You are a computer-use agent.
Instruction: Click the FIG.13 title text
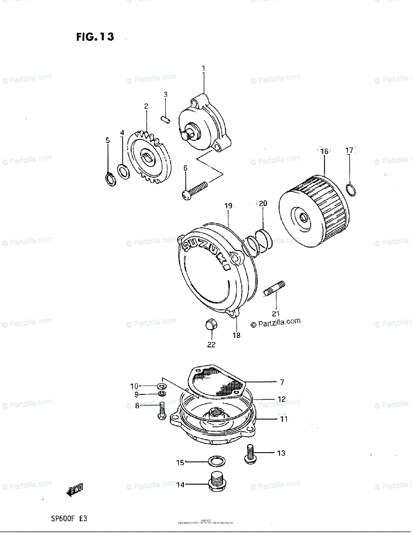pos(95,37)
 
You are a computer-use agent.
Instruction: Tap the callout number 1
pos(204,69)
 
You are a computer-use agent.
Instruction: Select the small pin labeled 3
pos(165,120)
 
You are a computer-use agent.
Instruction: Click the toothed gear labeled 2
pos(148,158)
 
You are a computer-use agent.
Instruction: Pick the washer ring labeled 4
pos(124,171)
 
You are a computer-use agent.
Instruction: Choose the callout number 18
pos(236,335)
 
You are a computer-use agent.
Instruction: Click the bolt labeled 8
pos(162,410)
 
